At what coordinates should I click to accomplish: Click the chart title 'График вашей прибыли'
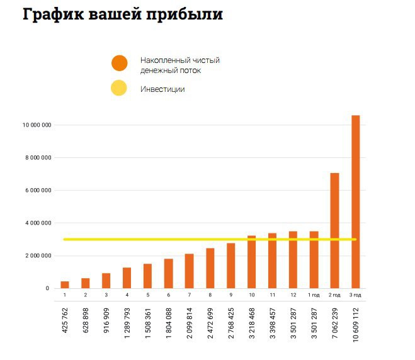click(x=122, y=15)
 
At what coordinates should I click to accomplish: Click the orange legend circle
click(x=119, y=64)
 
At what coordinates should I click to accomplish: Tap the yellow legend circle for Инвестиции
click(x=119, y=89)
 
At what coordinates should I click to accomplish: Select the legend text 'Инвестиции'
click(x=162, y=89)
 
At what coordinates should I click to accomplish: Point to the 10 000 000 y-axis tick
click(x=36, y=125)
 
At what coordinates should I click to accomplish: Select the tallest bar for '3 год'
click(x=355, y=201)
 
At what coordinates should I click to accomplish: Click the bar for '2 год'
click(x=334, y=230)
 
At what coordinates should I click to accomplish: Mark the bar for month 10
click(x=251, y=262)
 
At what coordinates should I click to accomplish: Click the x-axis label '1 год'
click(x=313, y=295)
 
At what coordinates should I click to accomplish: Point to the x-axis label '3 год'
click(x=355, y=295)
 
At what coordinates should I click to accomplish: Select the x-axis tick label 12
click(x=293, y=295)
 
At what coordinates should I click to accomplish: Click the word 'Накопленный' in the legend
click(x=162, y=60)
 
